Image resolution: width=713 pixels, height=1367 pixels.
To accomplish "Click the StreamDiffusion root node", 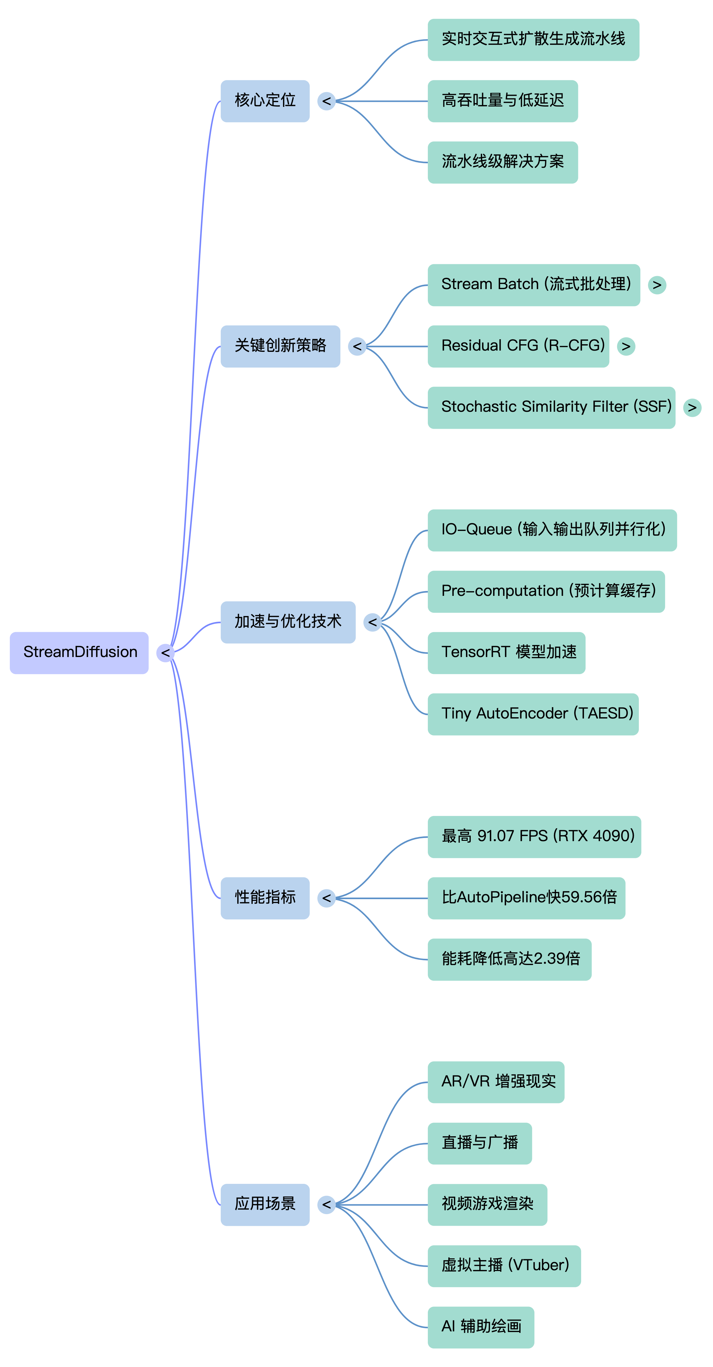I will click(79, 653).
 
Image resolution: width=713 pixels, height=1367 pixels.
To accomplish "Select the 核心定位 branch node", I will click(265, 101).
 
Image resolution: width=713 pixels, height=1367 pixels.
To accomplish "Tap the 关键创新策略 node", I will click(280, 346).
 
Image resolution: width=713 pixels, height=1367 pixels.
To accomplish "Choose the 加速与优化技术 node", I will click(288, 622).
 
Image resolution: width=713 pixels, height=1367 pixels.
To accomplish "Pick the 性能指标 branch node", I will click(265, 898).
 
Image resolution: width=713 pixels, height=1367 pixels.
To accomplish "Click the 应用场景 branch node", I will click(265, 1205).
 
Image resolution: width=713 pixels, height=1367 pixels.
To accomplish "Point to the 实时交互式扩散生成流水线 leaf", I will click(533, 40).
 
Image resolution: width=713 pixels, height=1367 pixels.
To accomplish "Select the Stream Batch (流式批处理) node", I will click(533, 285).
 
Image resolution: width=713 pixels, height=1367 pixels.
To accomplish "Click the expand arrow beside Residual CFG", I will click(626, 346).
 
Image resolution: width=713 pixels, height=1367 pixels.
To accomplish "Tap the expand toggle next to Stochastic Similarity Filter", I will click(692, 408).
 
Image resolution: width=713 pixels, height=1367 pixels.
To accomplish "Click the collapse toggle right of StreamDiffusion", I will click(165, 653).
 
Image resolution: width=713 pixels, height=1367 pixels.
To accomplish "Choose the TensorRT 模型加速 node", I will click(506, 653).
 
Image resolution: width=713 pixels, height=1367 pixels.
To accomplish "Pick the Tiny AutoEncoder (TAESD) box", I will click(533, 714).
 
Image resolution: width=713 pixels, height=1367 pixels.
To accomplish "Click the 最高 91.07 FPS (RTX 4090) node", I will click(534, 837).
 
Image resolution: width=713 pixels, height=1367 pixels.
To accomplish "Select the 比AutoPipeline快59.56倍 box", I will click(526, 898).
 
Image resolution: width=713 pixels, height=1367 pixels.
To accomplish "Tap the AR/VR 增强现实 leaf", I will click(496, 1082).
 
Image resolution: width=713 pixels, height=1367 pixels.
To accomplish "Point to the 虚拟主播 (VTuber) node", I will click(504, 1266).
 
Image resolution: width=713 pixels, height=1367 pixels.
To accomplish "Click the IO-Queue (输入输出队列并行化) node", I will click(552, 530).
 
